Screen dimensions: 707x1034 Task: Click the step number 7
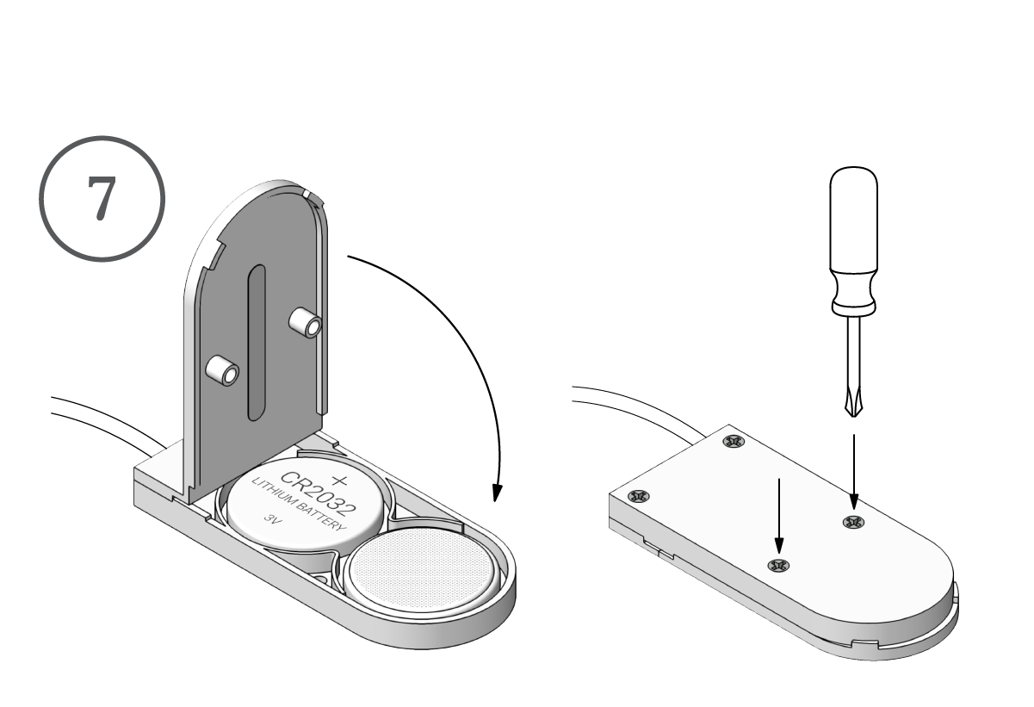(101, 199)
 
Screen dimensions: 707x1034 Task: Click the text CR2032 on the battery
(301, 497)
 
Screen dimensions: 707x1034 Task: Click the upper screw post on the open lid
(306, 324)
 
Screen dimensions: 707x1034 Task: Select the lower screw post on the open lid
(222, 372)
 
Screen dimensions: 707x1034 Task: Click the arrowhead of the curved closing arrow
(495, 491)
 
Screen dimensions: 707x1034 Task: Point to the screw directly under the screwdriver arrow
(853, 521)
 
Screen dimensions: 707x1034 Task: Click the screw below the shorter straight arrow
(777, 566)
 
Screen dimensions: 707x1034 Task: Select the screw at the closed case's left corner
(639, 496)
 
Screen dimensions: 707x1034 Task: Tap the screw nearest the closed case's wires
(734, 443)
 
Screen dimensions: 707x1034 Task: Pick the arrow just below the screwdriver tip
(853, 469)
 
